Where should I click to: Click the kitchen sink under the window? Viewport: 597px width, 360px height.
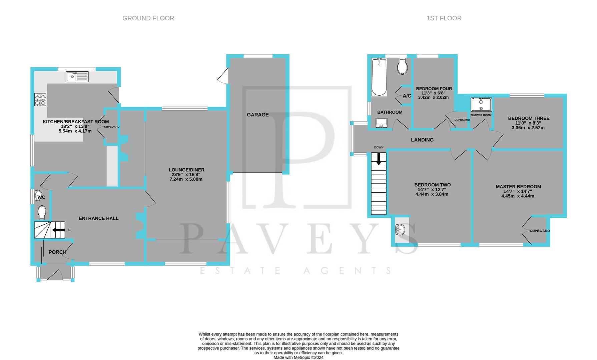77,77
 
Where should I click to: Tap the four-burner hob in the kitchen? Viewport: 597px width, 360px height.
40,99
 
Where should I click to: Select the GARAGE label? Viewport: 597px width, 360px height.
257,115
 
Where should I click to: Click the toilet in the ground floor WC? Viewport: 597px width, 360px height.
42,212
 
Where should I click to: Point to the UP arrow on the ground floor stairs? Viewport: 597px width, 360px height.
59,230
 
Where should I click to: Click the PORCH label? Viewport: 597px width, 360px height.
57,252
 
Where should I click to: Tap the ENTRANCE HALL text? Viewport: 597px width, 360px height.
98,218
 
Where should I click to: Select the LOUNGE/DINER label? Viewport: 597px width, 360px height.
186,170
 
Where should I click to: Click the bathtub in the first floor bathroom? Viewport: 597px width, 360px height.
379,77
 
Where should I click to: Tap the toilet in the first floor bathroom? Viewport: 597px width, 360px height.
403,67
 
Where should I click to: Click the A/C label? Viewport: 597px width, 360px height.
407,96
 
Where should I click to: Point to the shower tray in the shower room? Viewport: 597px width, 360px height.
481,104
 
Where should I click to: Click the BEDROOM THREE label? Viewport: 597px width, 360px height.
529,118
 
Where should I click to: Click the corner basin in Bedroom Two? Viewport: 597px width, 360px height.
400,229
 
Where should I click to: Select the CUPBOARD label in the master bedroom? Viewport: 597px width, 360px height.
539,231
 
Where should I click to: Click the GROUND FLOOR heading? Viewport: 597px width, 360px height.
148,18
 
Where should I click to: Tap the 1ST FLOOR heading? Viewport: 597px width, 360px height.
444,18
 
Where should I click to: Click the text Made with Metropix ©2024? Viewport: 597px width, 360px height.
298,357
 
